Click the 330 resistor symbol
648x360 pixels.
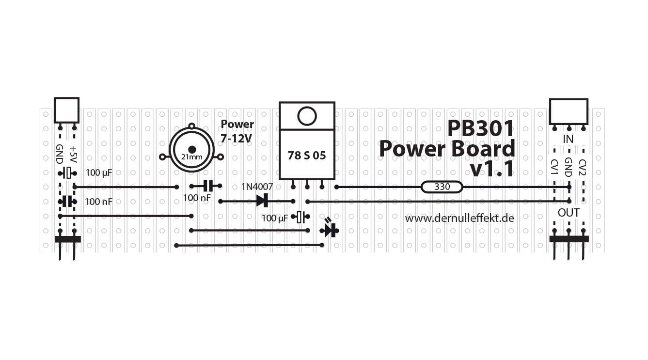pos(442,187)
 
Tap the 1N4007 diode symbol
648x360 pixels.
pos(263,200)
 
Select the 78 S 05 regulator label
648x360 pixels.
pos(307,156)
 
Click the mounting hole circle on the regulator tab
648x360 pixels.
pos(307,116)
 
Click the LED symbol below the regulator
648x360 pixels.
pos(330,230)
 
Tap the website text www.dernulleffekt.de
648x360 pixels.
pos(459,219)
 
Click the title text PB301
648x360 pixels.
pos(480,129)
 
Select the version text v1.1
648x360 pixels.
pos(492,170)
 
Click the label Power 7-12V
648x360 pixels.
pos(237,131)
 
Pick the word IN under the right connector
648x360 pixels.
pos(568,140)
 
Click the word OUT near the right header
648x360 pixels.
pos(569,213)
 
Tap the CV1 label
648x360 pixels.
pos(554,168)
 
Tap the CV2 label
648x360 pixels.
pos(583,168)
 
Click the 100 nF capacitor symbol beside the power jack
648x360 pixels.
pos(207,186)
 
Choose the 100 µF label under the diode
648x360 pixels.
pos(275,219)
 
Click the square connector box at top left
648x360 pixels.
pos(66,110)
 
